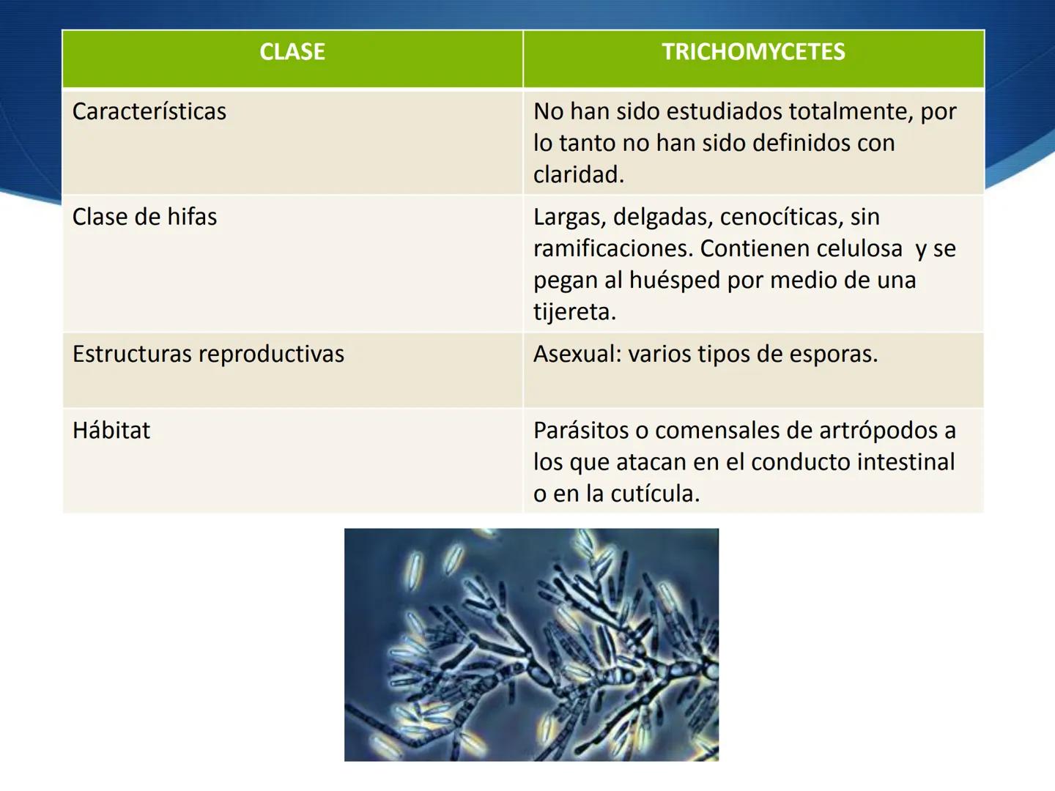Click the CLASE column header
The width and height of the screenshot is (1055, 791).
click(292, 52)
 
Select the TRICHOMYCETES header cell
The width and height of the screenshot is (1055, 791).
click(753, 52)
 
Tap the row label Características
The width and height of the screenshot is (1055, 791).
click(149, 111)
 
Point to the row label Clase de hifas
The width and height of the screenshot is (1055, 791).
click(145, 217)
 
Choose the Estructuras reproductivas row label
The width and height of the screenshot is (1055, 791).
click(208, 354)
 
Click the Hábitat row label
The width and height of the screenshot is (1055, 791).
click(111, 430)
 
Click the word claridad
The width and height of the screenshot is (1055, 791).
click(578, 174)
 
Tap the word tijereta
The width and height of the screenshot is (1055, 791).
click(574, 312)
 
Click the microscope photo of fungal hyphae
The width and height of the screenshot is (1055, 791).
click(531, 645)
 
